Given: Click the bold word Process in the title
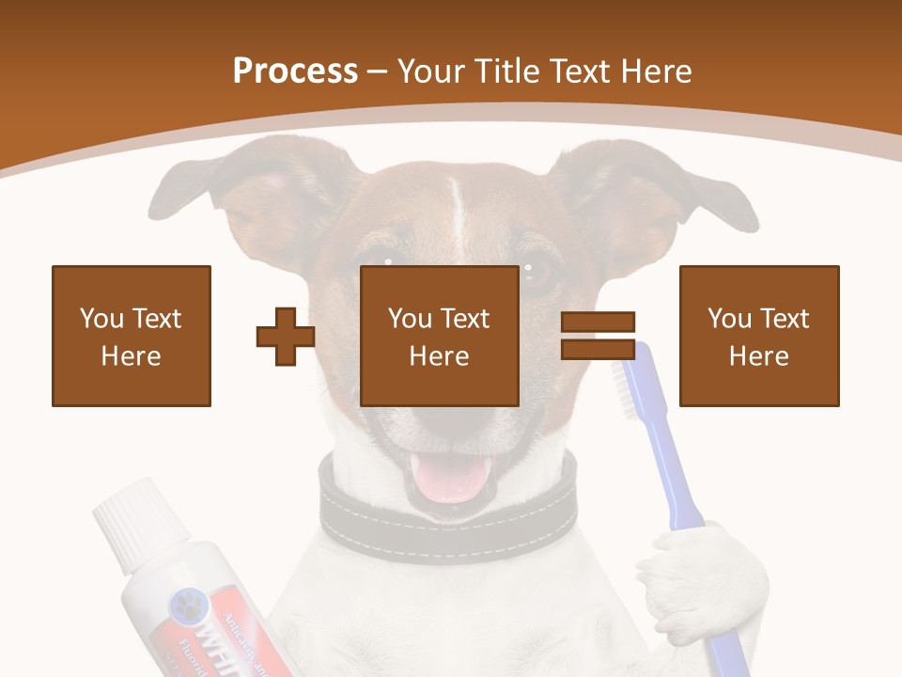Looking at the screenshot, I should coord(295,71).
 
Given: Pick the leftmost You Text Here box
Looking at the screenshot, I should coord(132,336).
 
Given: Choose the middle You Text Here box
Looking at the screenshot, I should coord(440,336).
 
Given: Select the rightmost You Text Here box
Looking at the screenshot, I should coord(759,336).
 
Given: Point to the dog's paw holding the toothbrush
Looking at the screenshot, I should coord(695,574).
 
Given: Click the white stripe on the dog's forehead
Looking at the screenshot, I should coord(458,212).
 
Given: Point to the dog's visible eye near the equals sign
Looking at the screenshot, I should coord(538,276).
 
